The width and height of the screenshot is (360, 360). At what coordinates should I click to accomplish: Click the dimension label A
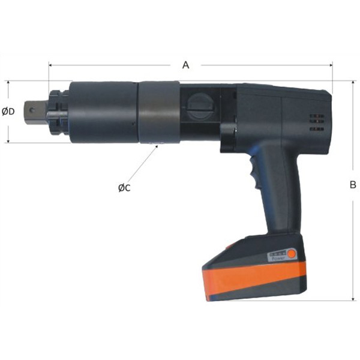[x=186, y=64]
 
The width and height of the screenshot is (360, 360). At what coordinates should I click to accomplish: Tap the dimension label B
[x=353, y=185]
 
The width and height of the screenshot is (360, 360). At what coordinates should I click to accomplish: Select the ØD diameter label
[x=8, y=112]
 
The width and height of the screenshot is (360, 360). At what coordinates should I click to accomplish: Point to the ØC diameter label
[x=124, y=188]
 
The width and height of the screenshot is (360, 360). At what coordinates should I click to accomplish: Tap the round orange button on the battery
[x=292, y=254]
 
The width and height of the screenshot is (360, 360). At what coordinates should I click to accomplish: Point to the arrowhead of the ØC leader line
[x=157, y=145]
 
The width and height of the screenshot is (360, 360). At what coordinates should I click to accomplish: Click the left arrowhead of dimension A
[x=50, y=64]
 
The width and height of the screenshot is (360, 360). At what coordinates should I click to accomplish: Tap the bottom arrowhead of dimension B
[x=353, y=298]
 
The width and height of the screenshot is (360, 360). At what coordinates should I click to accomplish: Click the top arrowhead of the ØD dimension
[x=8, y=83]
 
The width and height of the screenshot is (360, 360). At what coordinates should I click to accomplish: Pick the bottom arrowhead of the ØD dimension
[x=8, y=141]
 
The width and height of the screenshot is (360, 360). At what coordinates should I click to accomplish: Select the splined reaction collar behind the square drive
[x=58, y=112]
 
